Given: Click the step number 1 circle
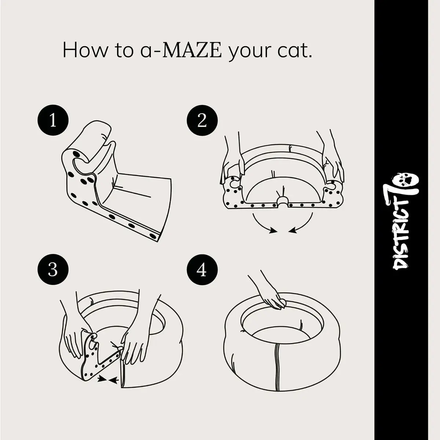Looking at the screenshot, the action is [x=53, y=120].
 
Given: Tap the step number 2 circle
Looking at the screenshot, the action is [x=202, y=120].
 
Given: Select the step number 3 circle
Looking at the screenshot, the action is [x=53, y=269].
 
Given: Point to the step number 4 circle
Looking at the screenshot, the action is [x=202, y=269].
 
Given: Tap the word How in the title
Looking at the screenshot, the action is [x=85, y=50].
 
